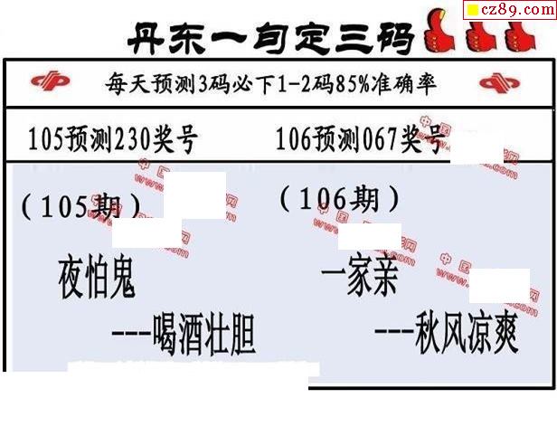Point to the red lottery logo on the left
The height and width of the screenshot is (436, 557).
coord(51,83)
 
